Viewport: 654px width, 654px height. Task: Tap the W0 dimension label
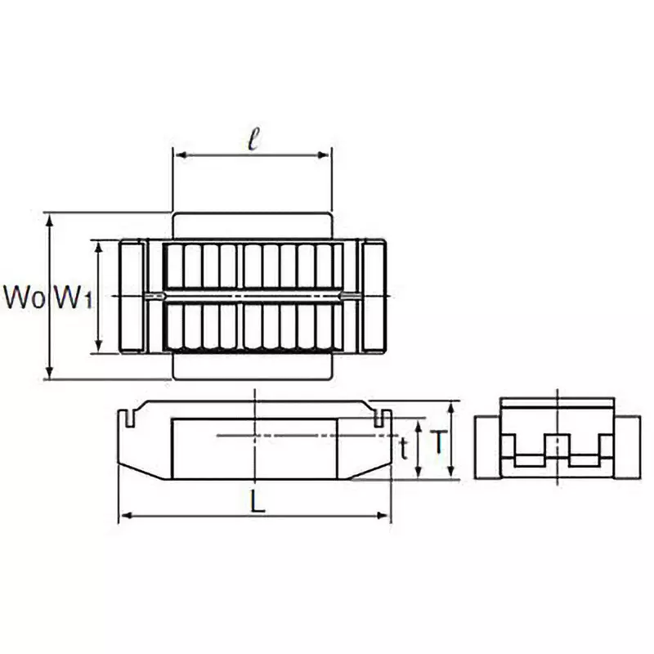point(22,298)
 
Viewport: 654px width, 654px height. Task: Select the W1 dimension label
point(71,298)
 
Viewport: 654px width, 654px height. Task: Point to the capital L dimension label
point(258,503)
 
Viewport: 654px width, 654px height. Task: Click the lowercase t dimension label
point(403,448)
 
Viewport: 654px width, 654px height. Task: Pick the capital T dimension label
point(439,443)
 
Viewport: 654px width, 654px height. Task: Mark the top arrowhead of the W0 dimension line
point(50,217)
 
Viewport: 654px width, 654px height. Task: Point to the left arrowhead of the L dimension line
point(125,515)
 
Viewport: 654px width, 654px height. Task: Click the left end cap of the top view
point(132,296)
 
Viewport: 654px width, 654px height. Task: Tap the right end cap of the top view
point(374,296)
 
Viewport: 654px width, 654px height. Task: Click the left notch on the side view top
point(129,417)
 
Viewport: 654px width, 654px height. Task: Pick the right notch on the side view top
point(379,417)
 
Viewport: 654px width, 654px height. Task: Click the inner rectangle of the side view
point(253,448)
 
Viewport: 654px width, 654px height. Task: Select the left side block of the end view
point(487,446)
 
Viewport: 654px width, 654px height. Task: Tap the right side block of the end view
point(627,446)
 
